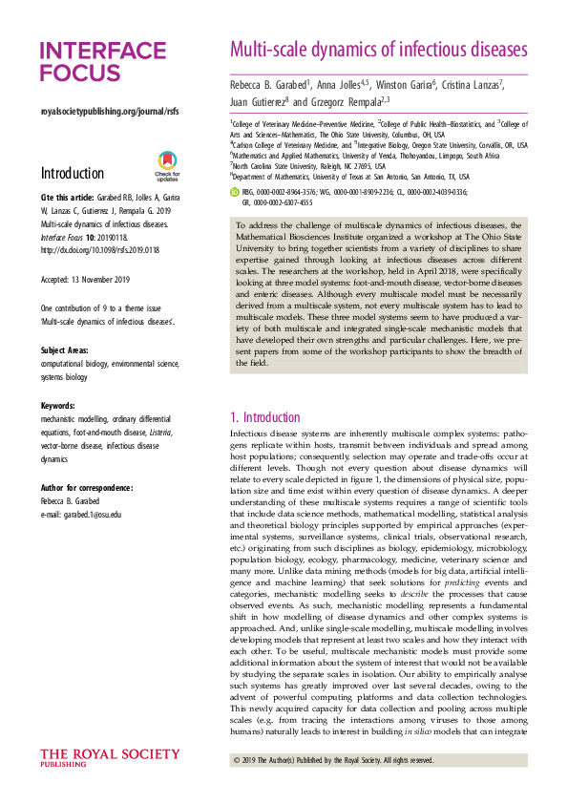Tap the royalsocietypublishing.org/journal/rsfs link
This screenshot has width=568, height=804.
pyautogui.click(x=109, y=112)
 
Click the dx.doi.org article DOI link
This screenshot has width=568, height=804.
pyautogui.click(x=101, y=251)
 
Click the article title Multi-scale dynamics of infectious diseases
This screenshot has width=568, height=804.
pyautogui.click(x=378, y=49)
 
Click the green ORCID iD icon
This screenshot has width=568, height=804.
pyautogui.click(x=236, y=192)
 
